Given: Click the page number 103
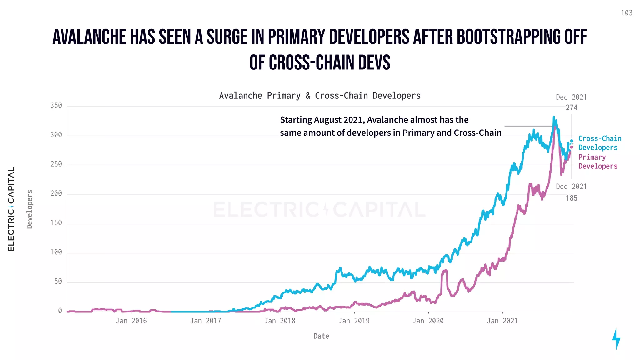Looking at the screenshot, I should [626, 13].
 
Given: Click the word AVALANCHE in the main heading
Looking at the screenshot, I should [89, 37].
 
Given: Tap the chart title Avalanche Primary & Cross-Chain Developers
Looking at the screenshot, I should [320, 96].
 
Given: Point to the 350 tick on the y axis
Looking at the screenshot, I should [56, 106].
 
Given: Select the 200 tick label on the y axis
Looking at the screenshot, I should [56, 193].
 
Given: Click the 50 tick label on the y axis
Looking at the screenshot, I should [58, 282].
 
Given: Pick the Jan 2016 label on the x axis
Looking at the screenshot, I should [131, 321].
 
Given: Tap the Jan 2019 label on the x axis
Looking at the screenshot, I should [354, 321].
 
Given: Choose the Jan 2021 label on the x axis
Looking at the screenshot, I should [502, 321].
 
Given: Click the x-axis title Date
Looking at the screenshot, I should [321, 336].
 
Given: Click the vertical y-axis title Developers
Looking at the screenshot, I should [30, 209].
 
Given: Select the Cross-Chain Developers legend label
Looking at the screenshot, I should [599, 143].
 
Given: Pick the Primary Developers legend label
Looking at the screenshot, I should [597, 162].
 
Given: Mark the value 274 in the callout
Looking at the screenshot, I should [572, 107].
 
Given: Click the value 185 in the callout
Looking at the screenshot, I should [572, 198].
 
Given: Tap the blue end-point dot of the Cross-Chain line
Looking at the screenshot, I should [572, 141].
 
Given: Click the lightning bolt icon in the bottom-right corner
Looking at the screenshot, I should [616, 339].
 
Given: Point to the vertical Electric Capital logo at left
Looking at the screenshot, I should [11, 209].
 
